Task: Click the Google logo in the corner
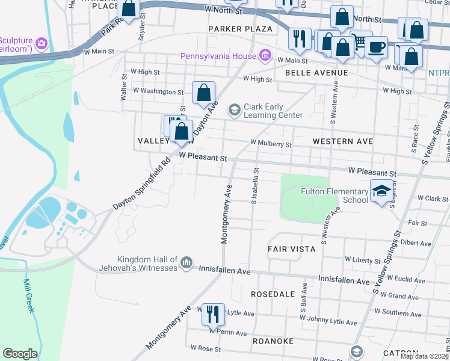click(x=20, y=354)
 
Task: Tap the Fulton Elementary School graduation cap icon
click(x=381, y=191)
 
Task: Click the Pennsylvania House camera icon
click(x=264, y=56)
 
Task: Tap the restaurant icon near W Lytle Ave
click(x=213, y=313)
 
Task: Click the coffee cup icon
click(x=377, y=47)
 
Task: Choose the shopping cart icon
click(x=360, y=41)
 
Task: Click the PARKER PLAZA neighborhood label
click(x=240, y=29)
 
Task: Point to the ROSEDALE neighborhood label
click(x=274, y=294)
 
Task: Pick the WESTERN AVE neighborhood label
click(x=343, y=141)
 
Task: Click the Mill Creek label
click(x=31, y=296)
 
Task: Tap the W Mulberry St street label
click(x=271, y=144)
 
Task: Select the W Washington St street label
click(x=158, y=91)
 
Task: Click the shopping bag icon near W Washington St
click(x=204, y=93)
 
